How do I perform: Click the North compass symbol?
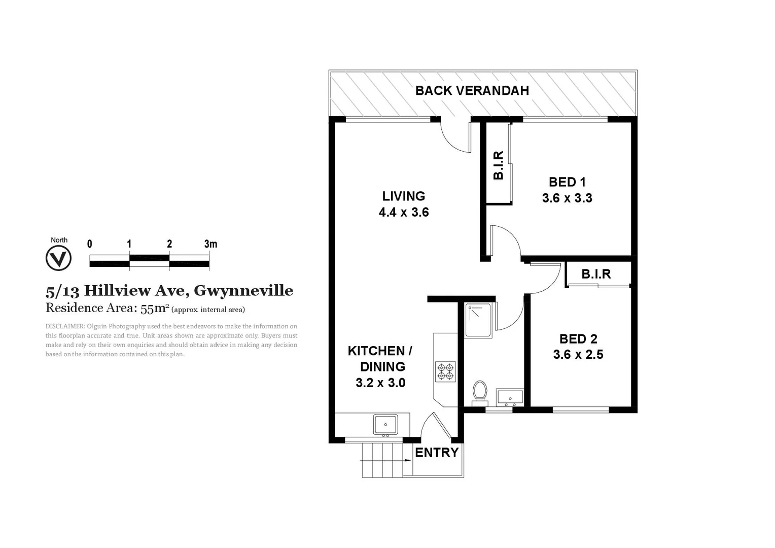pyautogui.click(x=58, y=258)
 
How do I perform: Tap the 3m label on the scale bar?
pyautogui.click(x=210, y=244)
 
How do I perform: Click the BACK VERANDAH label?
pyautogui.click(x=472, y=91)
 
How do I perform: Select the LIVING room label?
pyautogui.click(x=404, y=196)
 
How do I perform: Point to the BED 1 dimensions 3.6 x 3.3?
pyautogui.click(x=567, y=198)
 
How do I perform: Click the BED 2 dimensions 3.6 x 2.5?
pyautogui.click(x=578, y=355)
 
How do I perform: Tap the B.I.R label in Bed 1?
pyautogui.click(x=499, y=165)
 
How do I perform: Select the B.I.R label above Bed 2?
pyautogui.click(x=596, y=275)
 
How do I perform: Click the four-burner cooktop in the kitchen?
pyautogui.click(x=445, y=372)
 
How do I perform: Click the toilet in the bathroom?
pyautogui.click(x=479, y=392)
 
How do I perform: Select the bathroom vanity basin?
pyautogui.click(x=510, y=397)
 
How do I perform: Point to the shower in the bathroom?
pyautogui.click(x=478, y=320)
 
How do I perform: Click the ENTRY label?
pyautogui.click(x=437, y=453)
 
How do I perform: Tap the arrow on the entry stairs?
pyautogui.click(x=407, y=460)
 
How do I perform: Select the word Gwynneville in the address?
pyautogui.click(x=243, y=291)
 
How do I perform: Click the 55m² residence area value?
pyautogui.click(x=155, y=308)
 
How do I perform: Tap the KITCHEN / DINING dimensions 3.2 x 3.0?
pyautogui.click(x=380, y=383)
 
